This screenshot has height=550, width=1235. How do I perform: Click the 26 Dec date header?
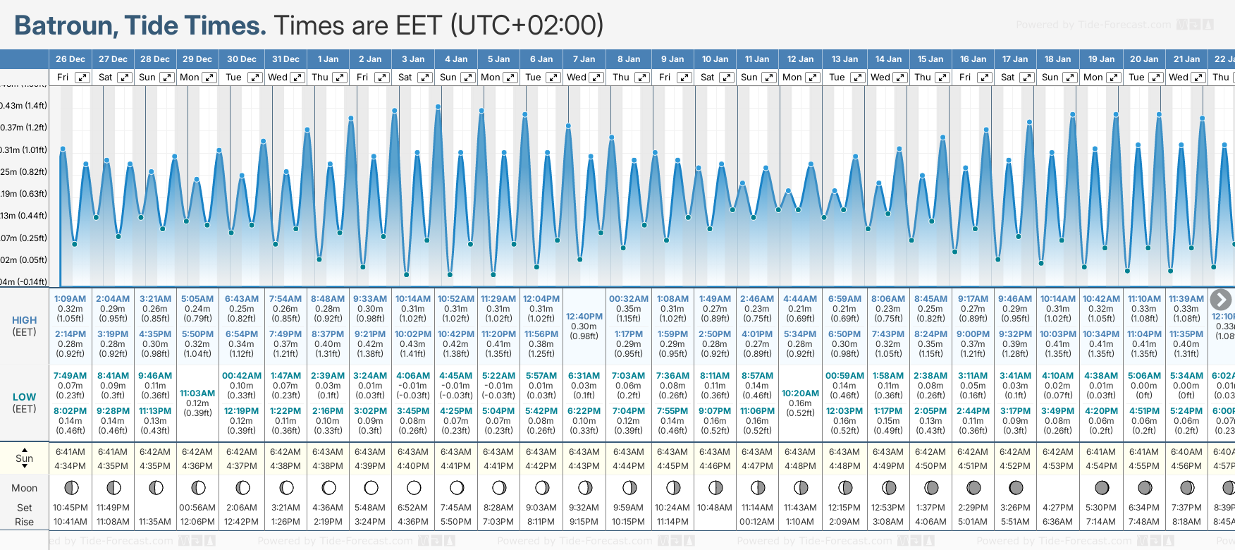click(x=70, y=59)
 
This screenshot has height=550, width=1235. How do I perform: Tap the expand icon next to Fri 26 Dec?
click(x=82, y=78)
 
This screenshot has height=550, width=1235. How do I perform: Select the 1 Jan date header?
click(x=328, y=59)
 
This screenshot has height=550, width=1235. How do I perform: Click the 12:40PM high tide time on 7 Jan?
click(x=584, y=317)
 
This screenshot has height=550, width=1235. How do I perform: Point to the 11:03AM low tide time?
click(x=197, y=393)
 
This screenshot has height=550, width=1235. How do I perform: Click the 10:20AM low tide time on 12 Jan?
click(x=800, y=393)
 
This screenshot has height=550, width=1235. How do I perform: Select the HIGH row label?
click(x=24, y=320)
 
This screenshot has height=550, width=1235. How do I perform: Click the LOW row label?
click(x=24, y=397)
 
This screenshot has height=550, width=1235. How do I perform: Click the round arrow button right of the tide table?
click(x=1220, y=300)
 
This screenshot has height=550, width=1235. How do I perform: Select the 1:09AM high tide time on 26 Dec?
click(x=70, y=299)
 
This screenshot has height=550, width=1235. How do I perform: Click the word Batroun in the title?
click(x=66, y=26)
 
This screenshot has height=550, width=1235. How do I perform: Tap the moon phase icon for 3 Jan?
click(x=414, y=487)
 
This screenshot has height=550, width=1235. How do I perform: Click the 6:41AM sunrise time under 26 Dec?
click(x=70, y=452)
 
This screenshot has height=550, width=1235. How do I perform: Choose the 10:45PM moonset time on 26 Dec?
click(x=70, y=508)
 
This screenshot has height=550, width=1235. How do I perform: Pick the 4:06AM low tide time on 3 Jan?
click(x=413, y=376)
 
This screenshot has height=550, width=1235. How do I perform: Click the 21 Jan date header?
click(x=1187, y=59)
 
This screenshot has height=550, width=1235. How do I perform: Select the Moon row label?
click(x=24, y=488)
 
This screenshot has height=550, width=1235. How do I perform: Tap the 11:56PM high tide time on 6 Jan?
click(x=541, y=334)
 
